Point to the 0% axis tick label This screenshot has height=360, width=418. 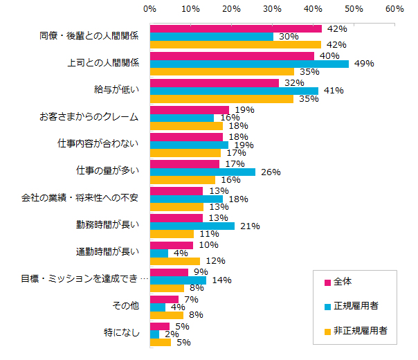[150, 10]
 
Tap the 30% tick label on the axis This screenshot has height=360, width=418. [273, 10]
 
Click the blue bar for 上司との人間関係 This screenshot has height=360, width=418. [249, 64]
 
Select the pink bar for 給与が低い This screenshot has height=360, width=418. [215, 83]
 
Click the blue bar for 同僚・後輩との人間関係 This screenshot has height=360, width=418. [212, 37]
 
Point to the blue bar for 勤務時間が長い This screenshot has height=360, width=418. [192, 226]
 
